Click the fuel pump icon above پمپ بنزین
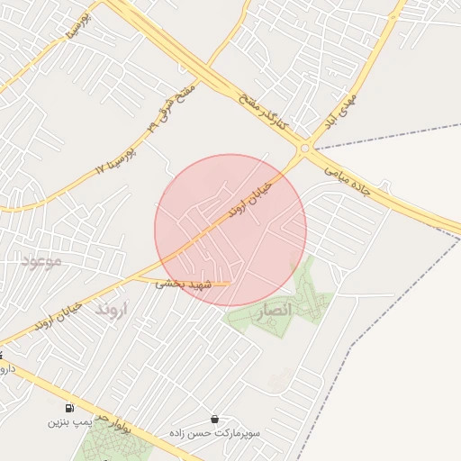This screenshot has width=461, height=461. [70, 407]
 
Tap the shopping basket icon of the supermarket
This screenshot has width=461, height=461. [214, 419]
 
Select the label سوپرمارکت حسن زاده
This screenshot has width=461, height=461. [214, 433]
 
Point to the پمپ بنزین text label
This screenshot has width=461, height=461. [70, 421]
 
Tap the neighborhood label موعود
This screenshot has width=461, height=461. [41, 262]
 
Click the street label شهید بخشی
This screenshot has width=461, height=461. [183, 283]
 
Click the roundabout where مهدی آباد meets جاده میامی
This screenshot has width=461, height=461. [305, 148]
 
